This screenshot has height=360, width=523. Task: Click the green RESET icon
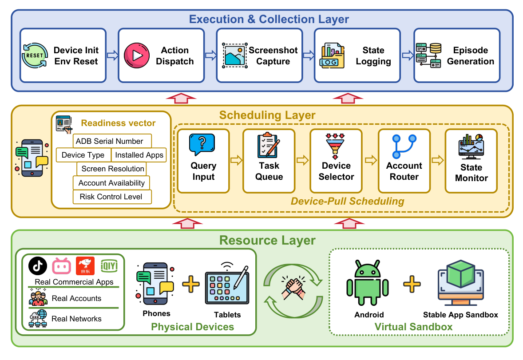click(x=35, y=55)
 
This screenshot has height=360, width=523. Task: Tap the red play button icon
click(x=137, y=55)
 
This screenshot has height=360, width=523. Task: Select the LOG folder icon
click(x=332, y=55)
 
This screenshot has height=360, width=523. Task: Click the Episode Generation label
click(x=470, y=56)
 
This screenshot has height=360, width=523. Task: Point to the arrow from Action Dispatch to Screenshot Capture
click(x=210, y=55)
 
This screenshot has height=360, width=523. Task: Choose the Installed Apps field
click(x=139, y=155)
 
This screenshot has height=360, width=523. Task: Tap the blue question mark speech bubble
click(x=202, y=144)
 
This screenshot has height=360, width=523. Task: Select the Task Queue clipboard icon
click(x=269, y=145)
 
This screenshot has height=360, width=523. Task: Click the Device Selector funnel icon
click(x=335, y=146)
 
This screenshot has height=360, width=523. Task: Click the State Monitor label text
click(x=471, y=173)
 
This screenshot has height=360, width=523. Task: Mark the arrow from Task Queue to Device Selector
click(x=302, y=160)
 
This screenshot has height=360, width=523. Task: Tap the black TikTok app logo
click(x=38, y=265)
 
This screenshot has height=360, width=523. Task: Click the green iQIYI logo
click(x=109, y=265)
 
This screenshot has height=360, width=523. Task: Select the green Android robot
click(x=368, y=283)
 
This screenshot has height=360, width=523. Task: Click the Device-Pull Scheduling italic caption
click(x=347, y=201)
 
